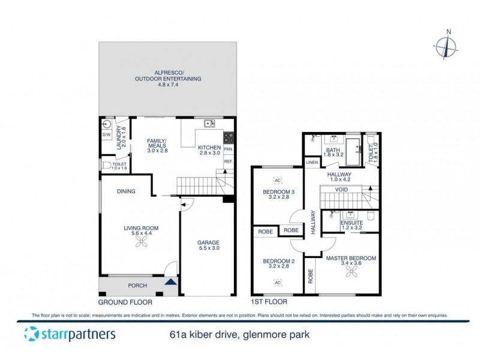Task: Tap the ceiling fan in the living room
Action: click(142, 241)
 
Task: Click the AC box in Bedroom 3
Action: click(277, 179)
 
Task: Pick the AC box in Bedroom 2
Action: click(277, 282)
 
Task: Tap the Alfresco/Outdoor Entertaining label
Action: click(160, 78)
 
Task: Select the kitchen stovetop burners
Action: click(229, 137)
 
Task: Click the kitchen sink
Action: click(209, 124)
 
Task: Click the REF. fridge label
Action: click(228, 162)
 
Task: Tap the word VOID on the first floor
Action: click(341, 189)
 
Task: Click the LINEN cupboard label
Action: click(311, 163)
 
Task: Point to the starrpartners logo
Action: click(70, 334)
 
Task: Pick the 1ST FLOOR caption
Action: click(269, 302)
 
